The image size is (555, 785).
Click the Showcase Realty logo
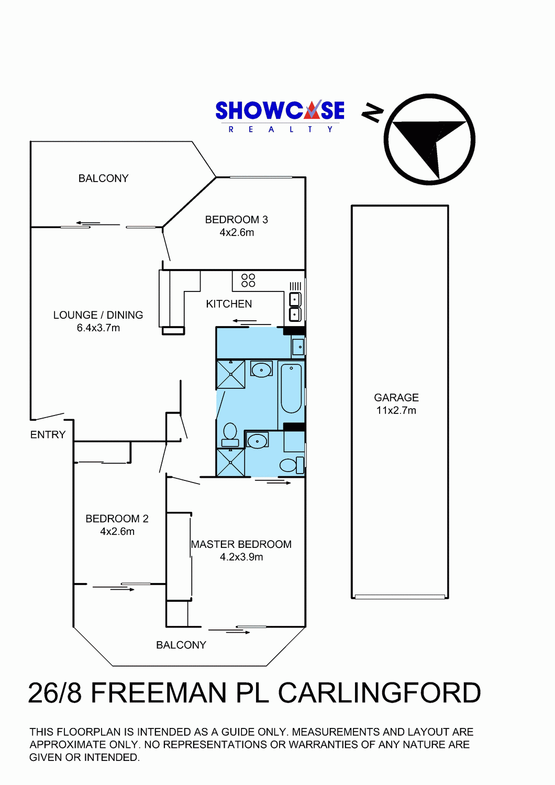(x=280, y=117)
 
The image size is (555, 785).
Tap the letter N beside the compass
(x=372, y=113)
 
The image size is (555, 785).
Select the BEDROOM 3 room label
(x=236, y=220)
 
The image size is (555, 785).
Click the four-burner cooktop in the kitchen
(x=248, y=281)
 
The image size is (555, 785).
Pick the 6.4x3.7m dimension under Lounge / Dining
(x=98, y=328)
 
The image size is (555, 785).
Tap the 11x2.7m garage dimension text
(x=396, y=410)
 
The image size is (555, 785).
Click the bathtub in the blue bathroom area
(x=291, y=388)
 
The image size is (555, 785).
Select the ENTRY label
(x=48, y=434)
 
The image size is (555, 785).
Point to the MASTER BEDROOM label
(x=241, y=544)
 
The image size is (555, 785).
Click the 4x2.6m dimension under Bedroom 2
(x=117, y=531)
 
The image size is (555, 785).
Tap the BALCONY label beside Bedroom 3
(x=104, y=178)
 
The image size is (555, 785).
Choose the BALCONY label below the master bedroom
(x=181, y=645)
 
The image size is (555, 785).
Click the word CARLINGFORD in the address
(x=380, y=693)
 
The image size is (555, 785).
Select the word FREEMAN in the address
(x=159, y=693)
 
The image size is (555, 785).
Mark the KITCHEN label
(x=229, y=304)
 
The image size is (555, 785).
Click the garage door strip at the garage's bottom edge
(x=400, y=597)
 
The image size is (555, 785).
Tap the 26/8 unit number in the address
(x=55, y=693)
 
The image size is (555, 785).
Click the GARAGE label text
(x=396, y=398)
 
